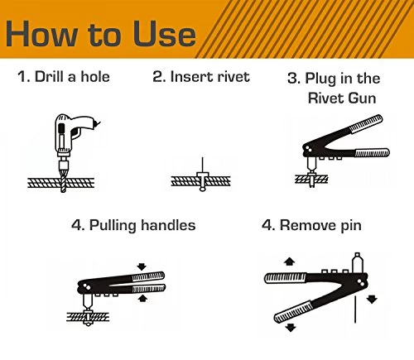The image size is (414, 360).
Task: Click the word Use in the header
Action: point(164,33)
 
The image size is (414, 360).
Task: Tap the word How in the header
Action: point(41,33)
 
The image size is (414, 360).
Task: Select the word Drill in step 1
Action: point(50,76)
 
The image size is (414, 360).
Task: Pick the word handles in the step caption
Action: point(168,225)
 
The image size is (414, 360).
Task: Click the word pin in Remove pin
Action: point(351,226)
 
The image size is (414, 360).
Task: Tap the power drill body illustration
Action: point(75,132)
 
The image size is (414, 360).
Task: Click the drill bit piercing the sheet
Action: point(63,180)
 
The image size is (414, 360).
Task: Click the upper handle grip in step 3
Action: point(366,124)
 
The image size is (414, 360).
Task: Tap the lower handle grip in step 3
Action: point(372,153)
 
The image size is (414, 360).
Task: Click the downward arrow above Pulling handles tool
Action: point(142,266)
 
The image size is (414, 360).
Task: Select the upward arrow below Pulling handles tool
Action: point(142,298)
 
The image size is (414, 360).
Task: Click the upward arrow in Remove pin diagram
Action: point(289,261)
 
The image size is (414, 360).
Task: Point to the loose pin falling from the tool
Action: point(355,310)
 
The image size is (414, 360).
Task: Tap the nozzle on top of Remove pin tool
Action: point(357,263)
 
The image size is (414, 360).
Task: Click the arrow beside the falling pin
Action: point(372,299)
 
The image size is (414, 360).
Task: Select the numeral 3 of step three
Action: point(292,78)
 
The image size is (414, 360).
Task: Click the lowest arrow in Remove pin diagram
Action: point(290,327)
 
